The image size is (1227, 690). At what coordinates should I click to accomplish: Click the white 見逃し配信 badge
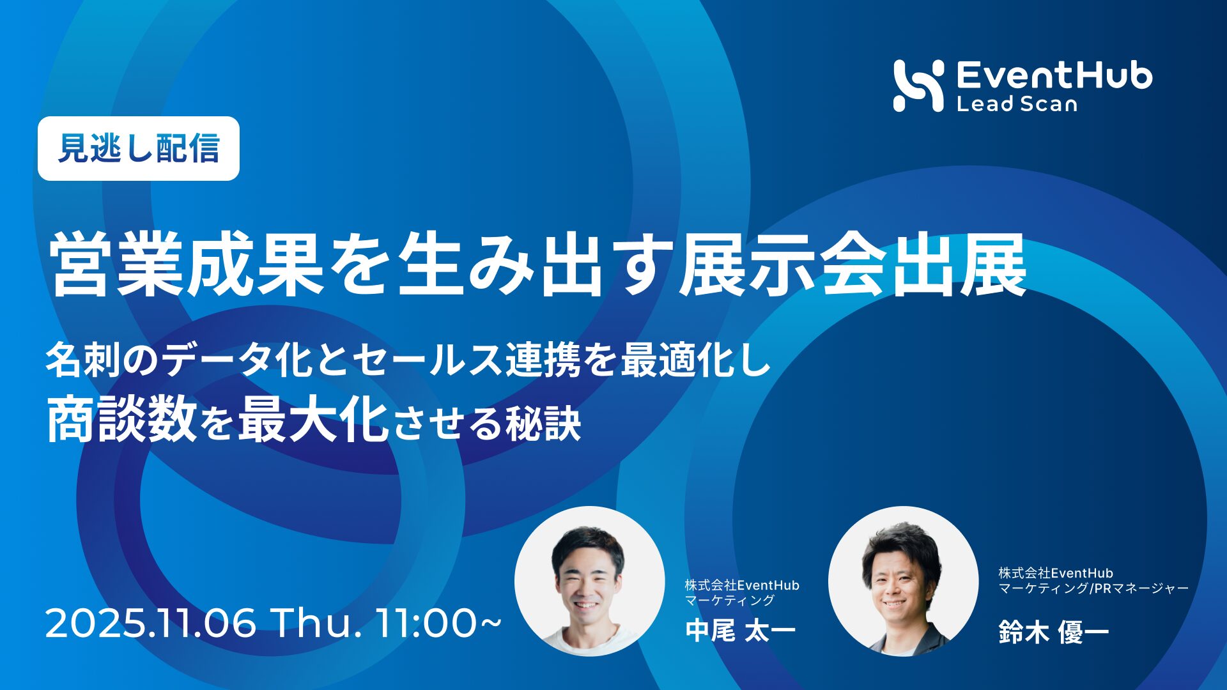139,148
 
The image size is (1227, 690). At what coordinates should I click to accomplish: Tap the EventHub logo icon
919,86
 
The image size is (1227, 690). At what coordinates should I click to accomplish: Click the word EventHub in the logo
1054,75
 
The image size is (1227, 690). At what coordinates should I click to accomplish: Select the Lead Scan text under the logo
1017,103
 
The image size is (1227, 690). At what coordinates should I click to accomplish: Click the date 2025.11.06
151,624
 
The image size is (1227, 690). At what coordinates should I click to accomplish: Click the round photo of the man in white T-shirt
589,581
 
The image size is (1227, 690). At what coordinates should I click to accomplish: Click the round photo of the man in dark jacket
903,581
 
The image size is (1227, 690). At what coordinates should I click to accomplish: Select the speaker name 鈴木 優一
1054,632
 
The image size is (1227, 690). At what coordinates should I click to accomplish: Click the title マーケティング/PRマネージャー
1094,588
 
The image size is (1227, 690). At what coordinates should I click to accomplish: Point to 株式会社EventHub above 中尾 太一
742,585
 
